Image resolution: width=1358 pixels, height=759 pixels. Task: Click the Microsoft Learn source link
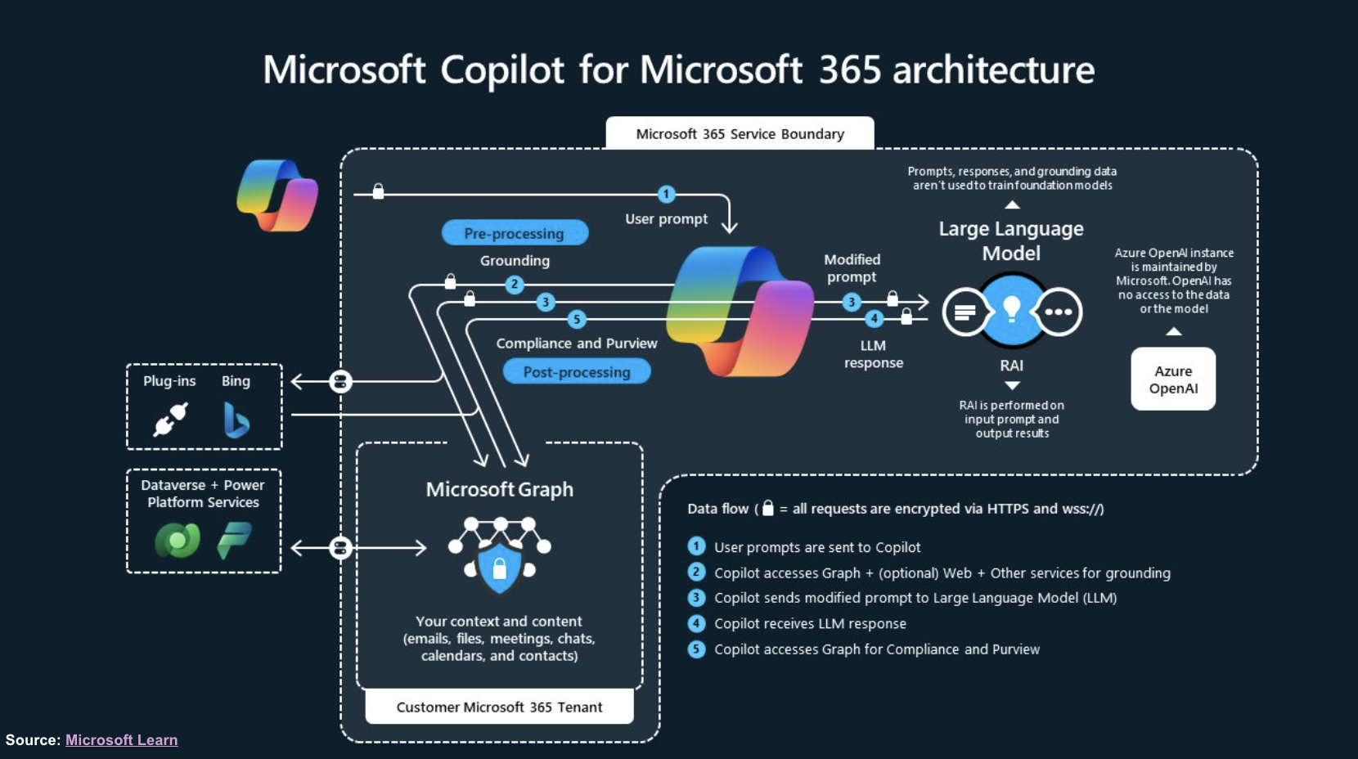click(121, 740)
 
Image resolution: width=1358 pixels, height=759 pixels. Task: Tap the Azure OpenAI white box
click(1173, 379)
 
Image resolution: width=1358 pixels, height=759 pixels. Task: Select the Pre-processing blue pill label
click(515, 233)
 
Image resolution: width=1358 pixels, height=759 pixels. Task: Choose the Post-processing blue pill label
click(577, 372)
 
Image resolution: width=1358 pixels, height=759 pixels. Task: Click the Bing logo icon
click(236, 420)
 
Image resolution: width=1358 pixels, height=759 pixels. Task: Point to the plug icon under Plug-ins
click(171, 420)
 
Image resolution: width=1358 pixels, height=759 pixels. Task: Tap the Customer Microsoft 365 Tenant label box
click(499, 707)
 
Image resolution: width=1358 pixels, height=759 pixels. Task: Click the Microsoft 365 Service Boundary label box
click(740, 133)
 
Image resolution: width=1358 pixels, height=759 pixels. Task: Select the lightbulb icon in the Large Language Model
click(1012, 310)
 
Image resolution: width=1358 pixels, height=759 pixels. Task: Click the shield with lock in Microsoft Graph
click(499, 568)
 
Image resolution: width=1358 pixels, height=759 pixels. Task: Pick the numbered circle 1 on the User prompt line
click(667, 194)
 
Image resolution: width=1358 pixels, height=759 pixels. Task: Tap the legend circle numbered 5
click(696, 649)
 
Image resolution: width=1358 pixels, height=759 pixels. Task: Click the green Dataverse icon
click(178, 541)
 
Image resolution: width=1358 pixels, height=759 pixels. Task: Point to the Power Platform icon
click(234, 541)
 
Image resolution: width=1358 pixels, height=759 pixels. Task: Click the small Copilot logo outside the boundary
click(277, 195)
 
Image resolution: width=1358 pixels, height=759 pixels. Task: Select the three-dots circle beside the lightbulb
click(1058, 312)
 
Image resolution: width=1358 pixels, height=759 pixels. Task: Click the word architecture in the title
click(993, 70)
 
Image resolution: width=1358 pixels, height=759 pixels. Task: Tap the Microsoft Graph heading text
click(499, 489)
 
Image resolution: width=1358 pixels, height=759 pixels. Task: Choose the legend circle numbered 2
click(696, 573)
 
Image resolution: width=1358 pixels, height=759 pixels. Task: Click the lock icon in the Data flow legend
click(767, 508)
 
